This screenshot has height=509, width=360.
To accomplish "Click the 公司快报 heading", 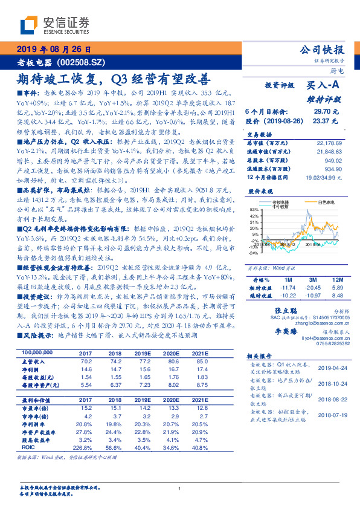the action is point(323,50).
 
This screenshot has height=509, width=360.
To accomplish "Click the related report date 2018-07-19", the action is point(330,416).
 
